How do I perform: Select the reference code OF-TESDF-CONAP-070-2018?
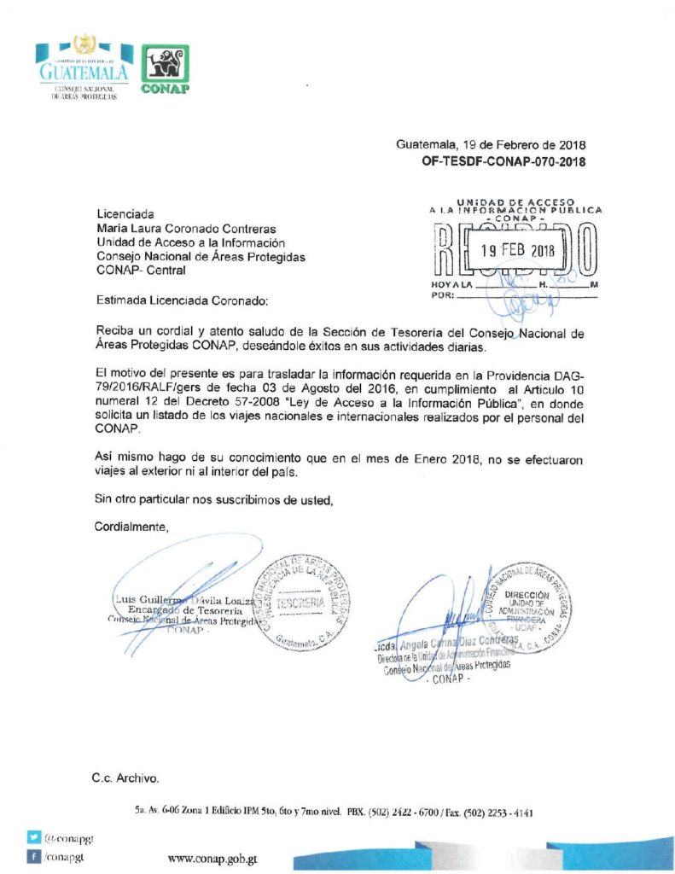(x=503, y=160)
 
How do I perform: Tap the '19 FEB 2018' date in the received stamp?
(x=516, y=251)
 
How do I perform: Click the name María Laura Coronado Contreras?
(x=186, y=229)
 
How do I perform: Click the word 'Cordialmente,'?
(x=131, y=527)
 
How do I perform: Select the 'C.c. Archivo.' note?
(x=125, y=778)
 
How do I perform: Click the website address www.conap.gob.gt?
(x=212, y=859)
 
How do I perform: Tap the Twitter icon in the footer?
(x=33, y=838)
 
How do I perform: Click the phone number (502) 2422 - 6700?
(x=405, y=813)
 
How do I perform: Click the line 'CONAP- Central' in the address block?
(x=140, y=271)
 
